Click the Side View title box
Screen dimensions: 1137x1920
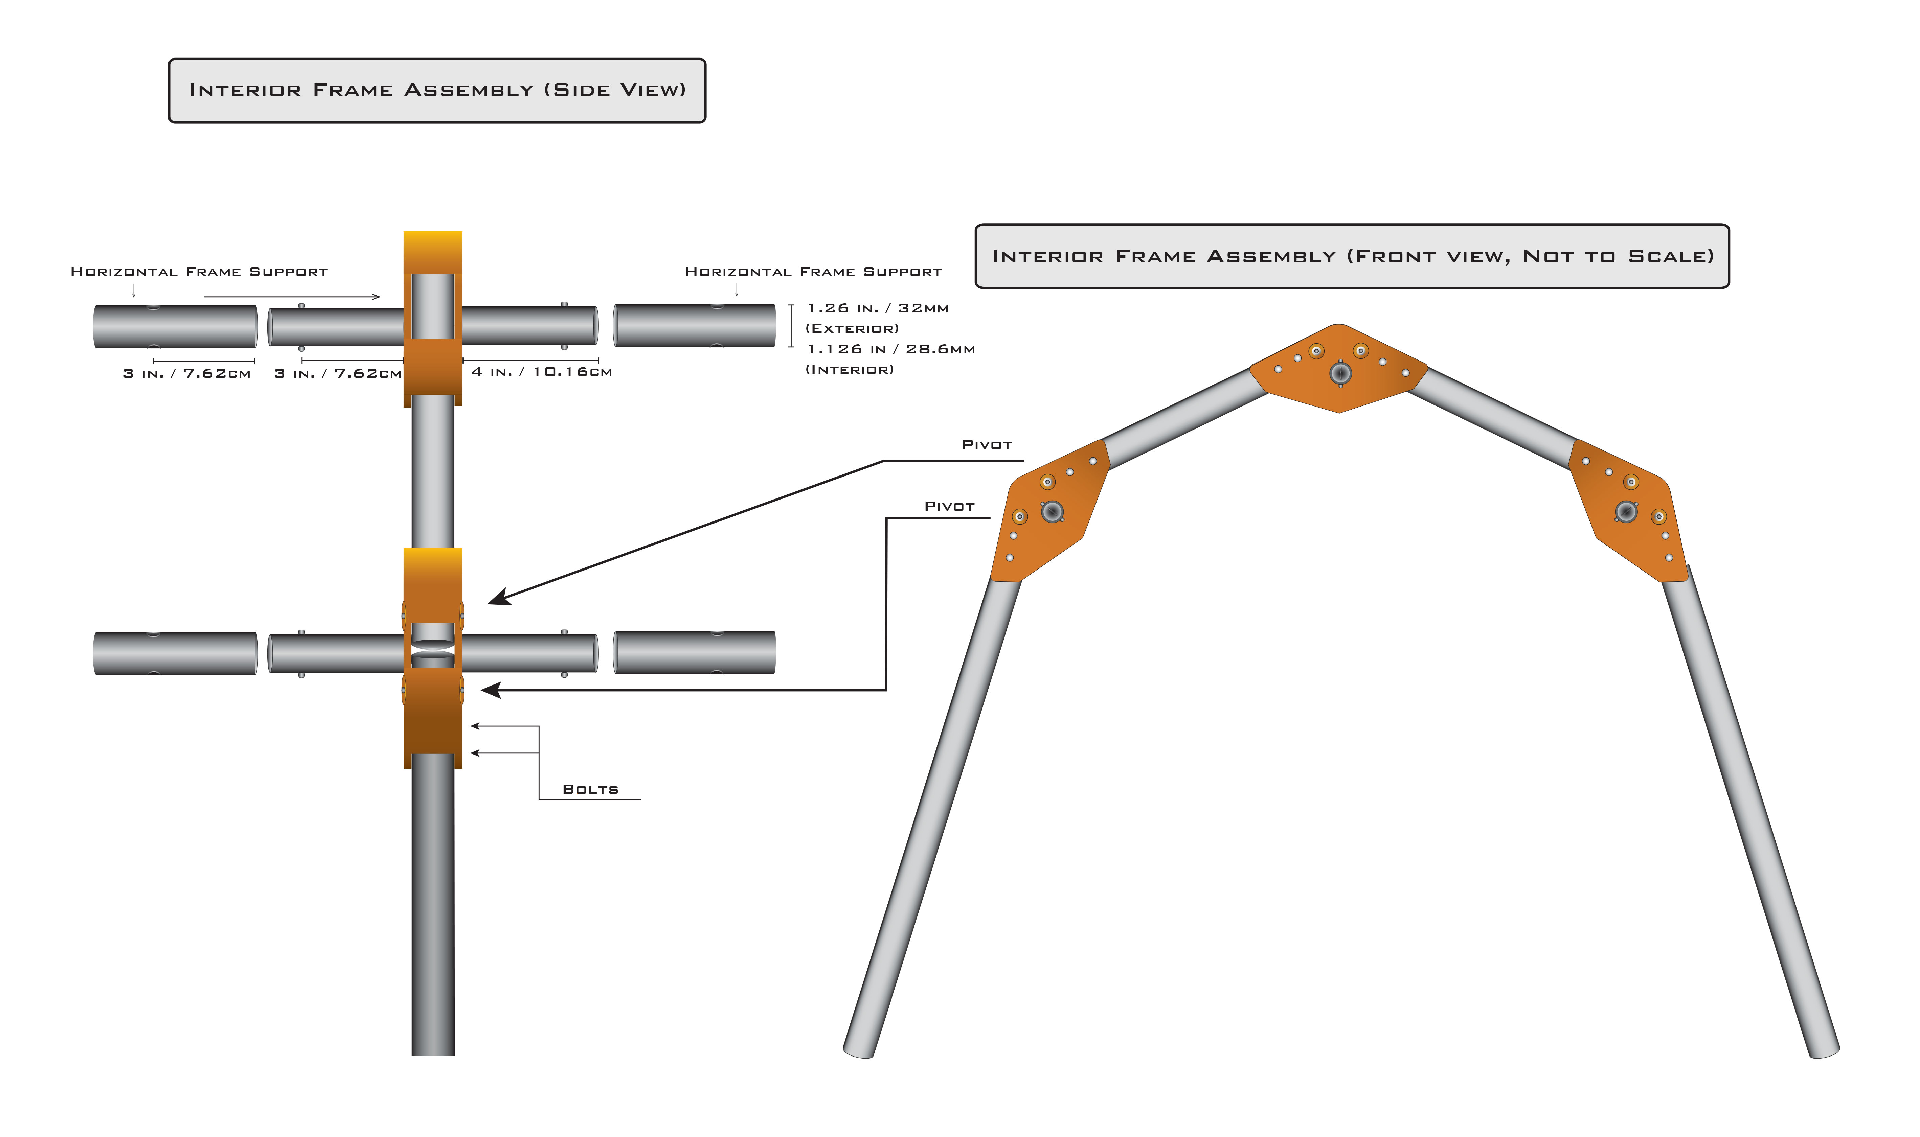point(437,90)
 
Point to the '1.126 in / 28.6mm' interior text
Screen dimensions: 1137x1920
point(890,349)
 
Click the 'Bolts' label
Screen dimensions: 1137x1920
point(590,789)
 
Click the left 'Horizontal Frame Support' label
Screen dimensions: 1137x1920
point(199,272)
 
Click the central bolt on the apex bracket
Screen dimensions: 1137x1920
point(1340,373)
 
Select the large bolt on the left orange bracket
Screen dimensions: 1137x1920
point(1052,511)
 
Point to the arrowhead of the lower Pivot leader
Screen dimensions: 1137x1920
point(489,690)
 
